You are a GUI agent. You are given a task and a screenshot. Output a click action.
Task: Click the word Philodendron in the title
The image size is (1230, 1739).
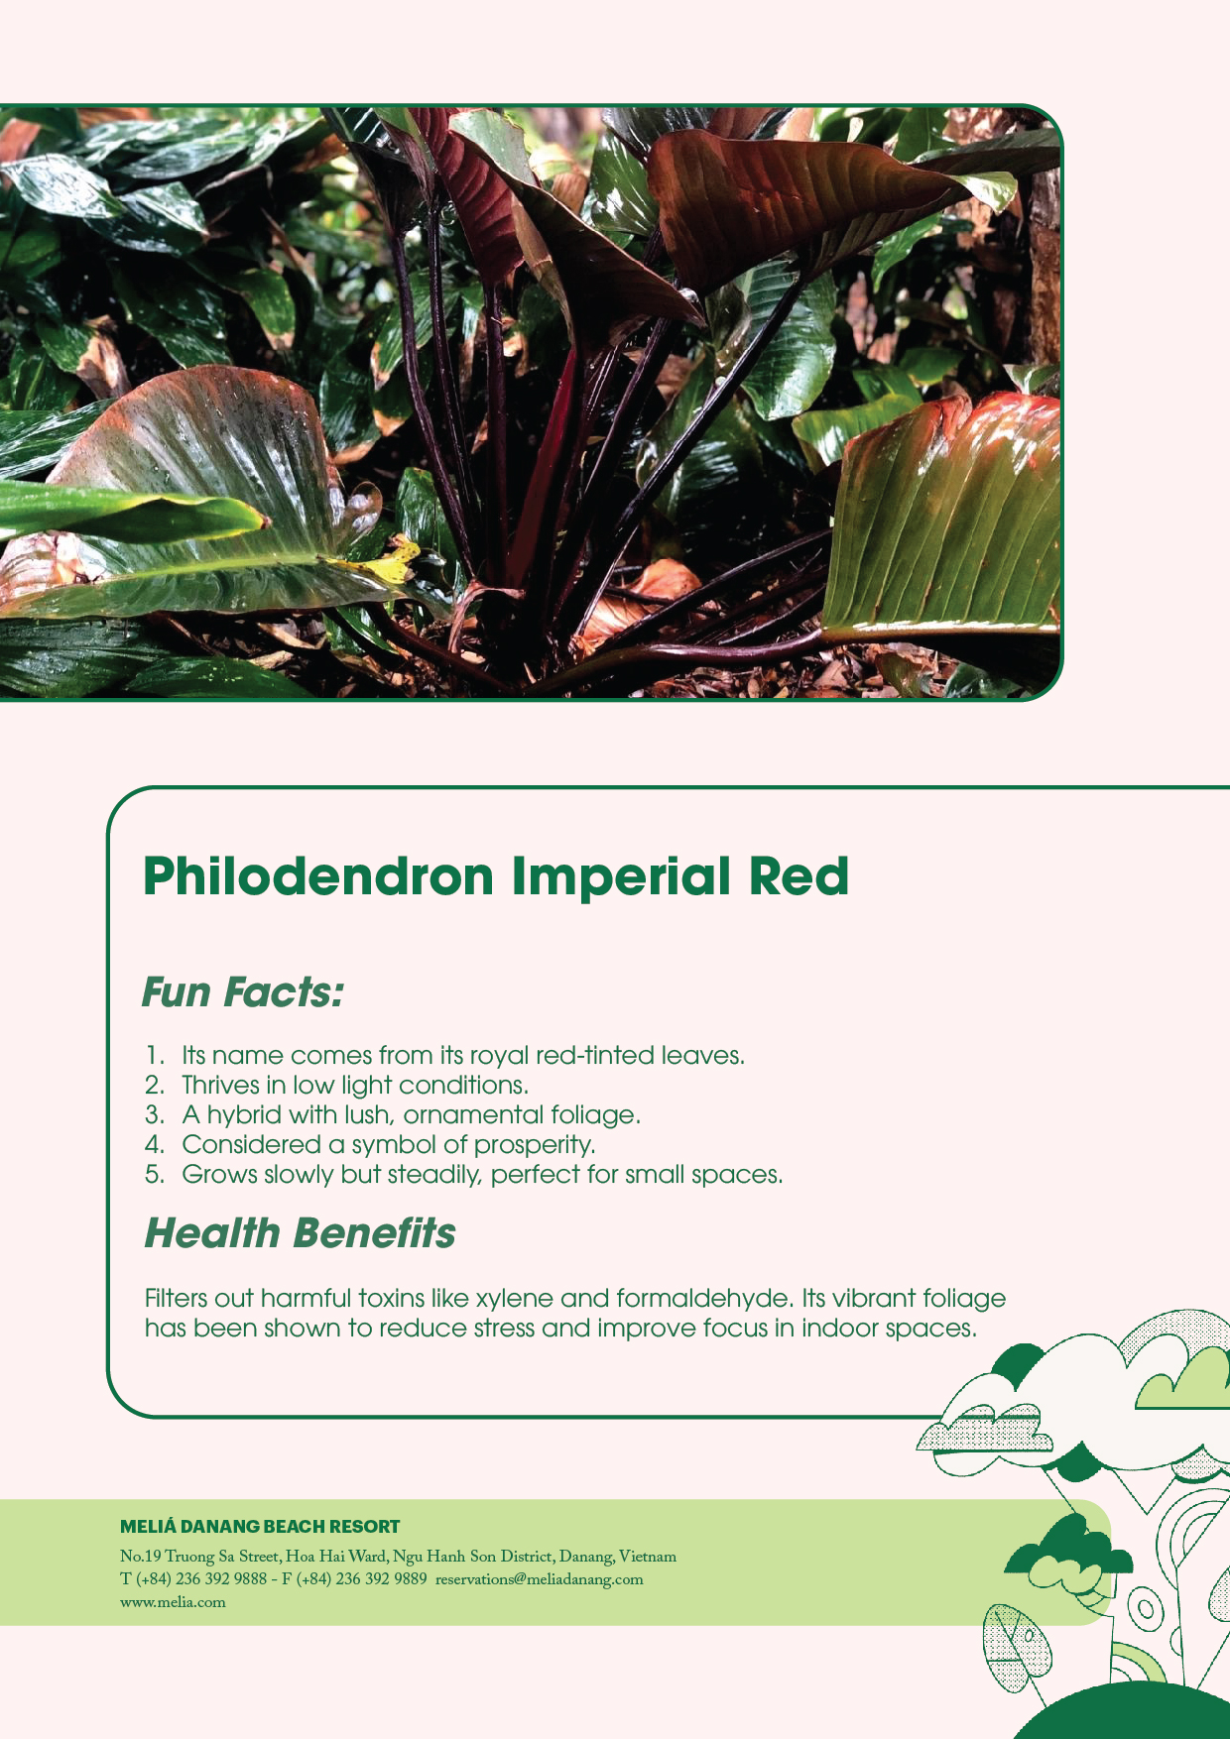[317, 877]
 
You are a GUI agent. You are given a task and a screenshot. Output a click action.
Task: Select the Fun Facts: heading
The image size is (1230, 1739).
[243, 992]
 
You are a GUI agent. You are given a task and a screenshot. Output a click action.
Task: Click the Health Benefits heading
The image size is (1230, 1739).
[300, 1233]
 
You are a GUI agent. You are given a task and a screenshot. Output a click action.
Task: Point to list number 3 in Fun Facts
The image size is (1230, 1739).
[154, 1115]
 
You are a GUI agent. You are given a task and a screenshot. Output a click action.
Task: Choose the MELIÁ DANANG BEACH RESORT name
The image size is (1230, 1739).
[260, 1527]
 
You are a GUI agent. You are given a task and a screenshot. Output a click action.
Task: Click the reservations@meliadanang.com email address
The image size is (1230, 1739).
[539, 1579]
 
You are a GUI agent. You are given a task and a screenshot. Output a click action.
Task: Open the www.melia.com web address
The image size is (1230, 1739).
[173, 1602]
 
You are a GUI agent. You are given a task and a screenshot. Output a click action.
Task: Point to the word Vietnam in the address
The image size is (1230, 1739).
[647, 1557]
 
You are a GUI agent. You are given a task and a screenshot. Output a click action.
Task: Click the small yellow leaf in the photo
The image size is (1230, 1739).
[392, 566]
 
